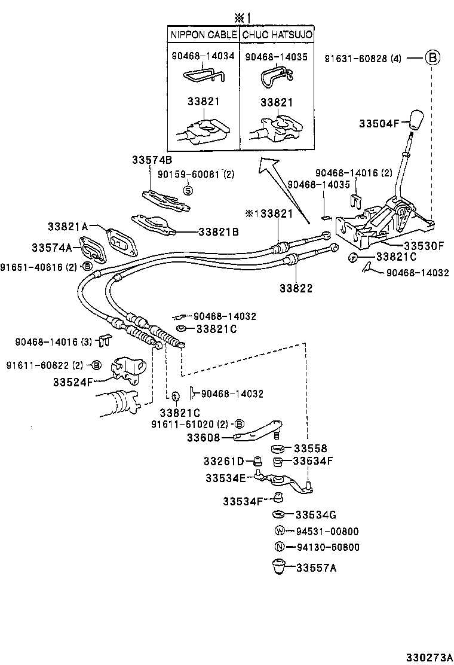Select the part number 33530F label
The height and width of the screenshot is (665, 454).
(424, 245)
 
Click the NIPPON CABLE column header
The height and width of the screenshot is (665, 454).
(204, 35)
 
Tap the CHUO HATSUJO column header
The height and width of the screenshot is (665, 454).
(278, 35)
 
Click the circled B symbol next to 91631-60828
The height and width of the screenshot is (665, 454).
(432, 58)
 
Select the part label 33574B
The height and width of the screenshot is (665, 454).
(152, 160)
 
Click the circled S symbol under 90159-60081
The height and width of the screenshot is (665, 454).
(187, 190)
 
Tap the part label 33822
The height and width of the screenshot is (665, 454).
(296, 288)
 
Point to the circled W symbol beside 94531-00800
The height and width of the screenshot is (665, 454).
(278, 531)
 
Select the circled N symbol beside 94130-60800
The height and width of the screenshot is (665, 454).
(278, 547)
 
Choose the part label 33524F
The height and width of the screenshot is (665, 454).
(72, 381)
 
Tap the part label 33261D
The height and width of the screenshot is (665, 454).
(223, 461)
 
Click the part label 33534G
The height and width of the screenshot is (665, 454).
(316, 515)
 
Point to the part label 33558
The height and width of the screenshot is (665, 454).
(310, 449)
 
